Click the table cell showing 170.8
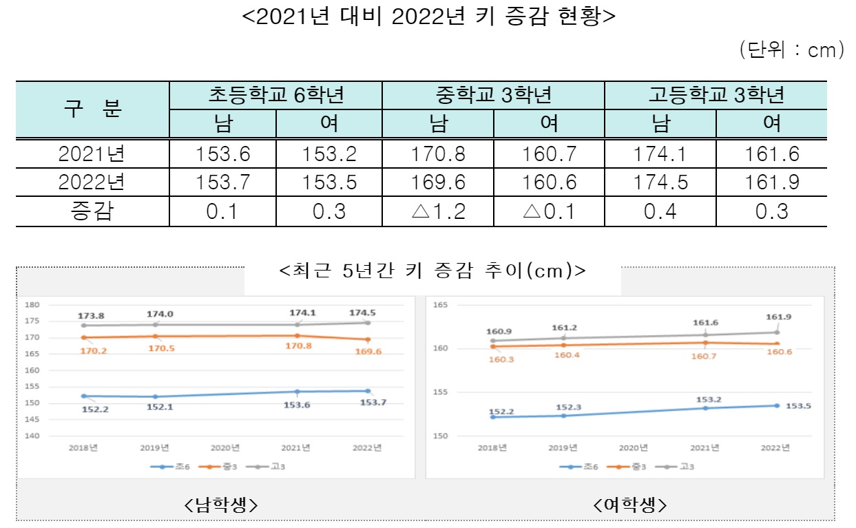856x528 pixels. pos(438,154)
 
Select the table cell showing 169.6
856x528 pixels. pos(438,182)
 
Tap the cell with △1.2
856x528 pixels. pos(438,211)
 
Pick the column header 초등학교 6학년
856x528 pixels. pos(275,95)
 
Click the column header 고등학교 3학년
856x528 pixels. pos(716,95)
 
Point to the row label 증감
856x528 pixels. pos(92,211)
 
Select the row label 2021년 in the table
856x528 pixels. pos(92,154)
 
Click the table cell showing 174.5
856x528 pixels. pos(660,182)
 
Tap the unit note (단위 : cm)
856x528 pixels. pos(791,50)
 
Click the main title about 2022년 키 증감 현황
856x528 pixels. pos(428,17)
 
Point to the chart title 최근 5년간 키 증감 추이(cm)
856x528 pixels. pos(432,271)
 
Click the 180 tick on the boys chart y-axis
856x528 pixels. pos(33,305)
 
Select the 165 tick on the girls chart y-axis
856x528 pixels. pos(440,305)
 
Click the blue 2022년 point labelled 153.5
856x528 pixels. pos(776,405)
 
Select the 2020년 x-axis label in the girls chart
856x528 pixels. pos(634,447)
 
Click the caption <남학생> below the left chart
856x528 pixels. pos(221,505)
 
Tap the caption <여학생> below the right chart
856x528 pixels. pos(629,505)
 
